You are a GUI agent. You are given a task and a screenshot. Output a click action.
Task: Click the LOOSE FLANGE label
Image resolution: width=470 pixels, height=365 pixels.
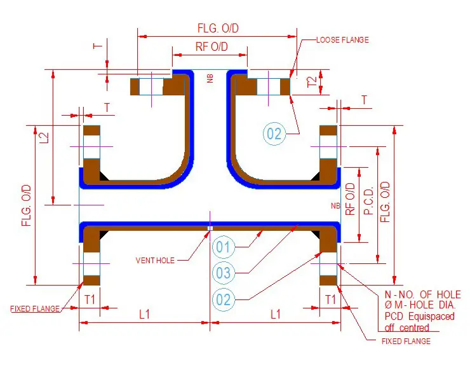[342, 40]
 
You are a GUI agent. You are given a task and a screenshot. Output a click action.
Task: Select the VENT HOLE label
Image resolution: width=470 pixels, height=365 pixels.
[155, 260]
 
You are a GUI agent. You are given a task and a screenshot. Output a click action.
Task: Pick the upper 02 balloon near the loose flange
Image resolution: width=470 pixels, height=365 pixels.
[274, 134]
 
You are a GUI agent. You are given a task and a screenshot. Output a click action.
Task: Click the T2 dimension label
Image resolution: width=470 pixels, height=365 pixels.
[311, 81]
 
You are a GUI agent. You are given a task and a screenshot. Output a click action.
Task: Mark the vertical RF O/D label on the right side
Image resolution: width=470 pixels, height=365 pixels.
[350, 200]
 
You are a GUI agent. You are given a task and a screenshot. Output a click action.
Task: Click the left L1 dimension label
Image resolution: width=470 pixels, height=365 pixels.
[144, 314]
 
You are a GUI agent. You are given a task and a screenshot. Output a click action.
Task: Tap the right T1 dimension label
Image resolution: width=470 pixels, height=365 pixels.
[330, 299]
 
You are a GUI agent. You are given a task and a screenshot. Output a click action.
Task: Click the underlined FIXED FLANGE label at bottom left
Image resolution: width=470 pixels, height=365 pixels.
[35, 309]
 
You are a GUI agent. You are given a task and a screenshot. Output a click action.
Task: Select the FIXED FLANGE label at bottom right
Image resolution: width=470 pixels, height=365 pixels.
[405, 341]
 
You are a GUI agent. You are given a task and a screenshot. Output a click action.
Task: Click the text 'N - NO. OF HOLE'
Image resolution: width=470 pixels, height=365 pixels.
[423, 294]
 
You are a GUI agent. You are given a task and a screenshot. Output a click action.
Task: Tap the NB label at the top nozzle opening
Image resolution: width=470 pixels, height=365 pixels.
[210, 79]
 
